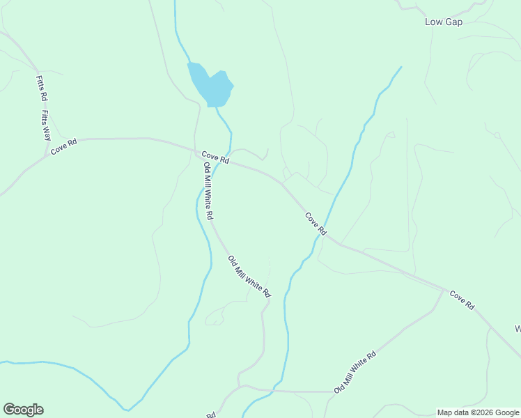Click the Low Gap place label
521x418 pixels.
tap(444, 22)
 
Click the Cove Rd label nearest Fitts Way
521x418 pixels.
tap(63, 146)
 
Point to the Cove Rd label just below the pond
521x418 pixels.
tap(215, 157)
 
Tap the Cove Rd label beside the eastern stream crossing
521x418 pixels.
tap(316, 224)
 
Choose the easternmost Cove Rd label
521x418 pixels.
tap(462, 300)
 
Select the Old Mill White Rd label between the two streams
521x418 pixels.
tap(249, 277)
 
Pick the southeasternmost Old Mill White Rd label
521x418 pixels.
tap(355, 372)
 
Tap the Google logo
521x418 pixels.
tap(23, 410)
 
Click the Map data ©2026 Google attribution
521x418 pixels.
tap(479, 412)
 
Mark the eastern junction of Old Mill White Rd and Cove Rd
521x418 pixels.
tap(444, 289)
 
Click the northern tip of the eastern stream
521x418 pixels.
tap(401, 67)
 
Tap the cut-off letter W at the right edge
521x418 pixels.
tap(518, 328)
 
